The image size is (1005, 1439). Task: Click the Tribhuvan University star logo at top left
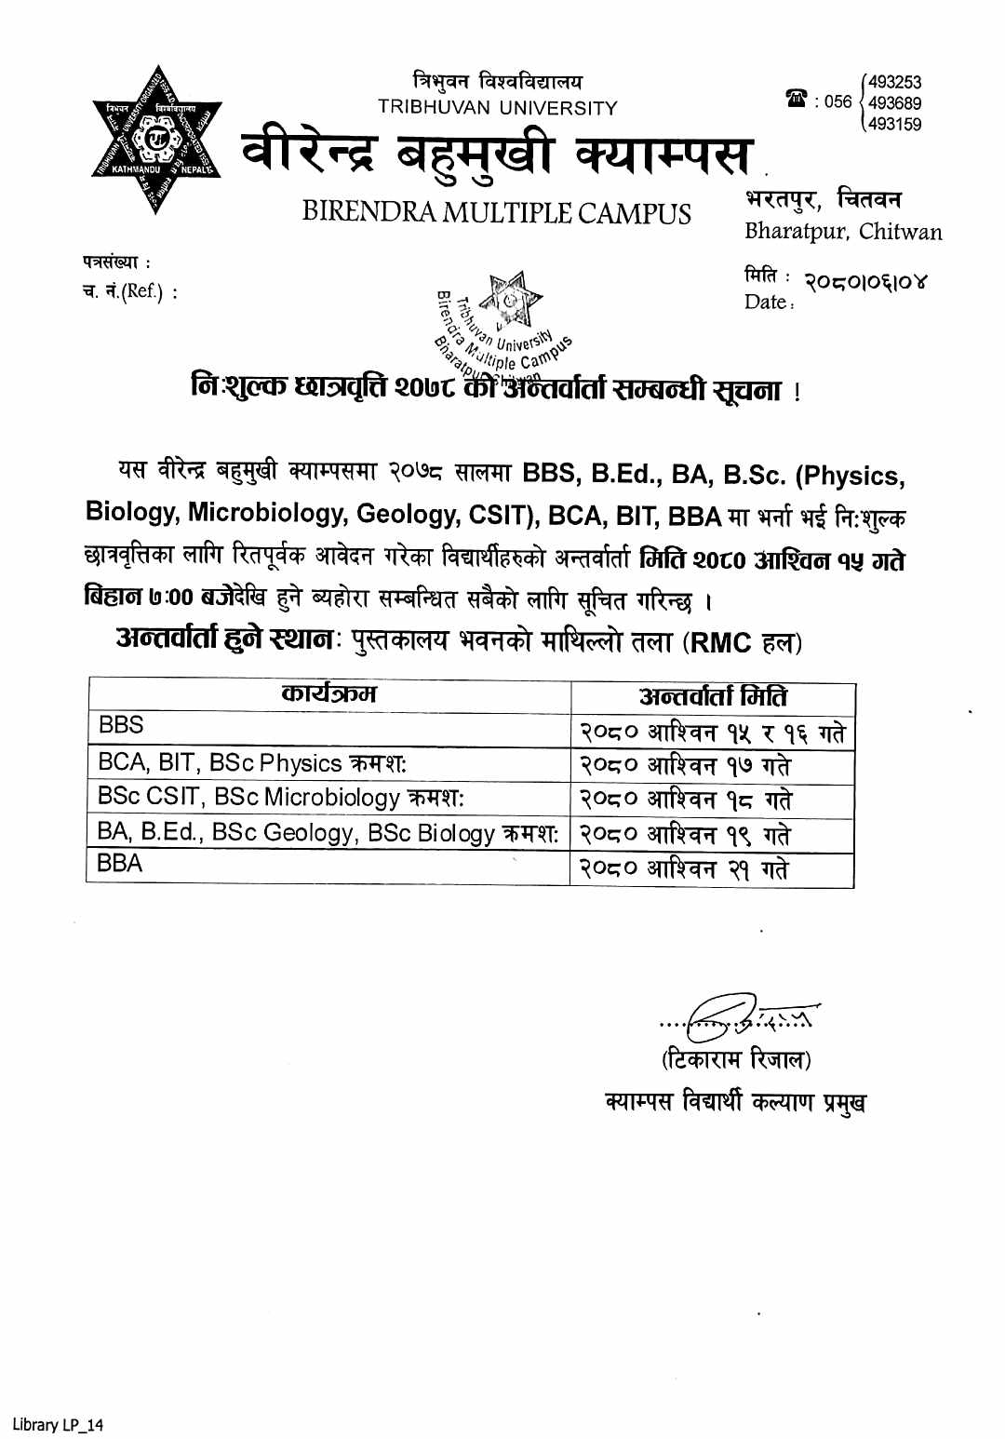[156, 141]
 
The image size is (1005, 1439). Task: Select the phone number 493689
[894, 103]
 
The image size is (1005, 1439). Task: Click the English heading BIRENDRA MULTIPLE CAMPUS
[496, 213]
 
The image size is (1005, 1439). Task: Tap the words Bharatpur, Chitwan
[842, 232]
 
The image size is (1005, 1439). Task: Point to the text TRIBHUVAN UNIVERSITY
[497, 108]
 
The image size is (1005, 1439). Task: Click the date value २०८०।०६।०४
[865, 282]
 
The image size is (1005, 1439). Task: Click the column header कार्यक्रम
[328, 693]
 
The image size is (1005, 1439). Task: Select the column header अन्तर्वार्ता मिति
[713, 696]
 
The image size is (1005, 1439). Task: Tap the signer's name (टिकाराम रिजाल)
[736, 1059]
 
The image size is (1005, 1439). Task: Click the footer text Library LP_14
[58, 1424]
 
